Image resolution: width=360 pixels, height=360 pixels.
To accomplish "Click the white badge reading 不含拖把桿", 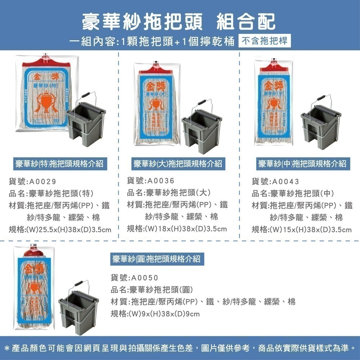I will click(x=265, y=41).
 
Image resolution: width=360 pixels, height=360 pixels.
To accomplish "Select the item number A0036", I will click(x=161, y=180).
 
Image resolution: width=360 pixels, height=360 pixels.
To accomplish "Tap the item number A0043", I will click(x=286, y=181).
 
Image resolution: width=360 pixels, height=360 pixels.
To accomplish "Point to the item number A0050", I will click(x=145, y=278).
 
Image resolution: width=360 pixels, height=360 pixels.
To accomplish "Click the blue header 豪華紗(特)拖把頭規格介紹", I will click(x=59, y=164).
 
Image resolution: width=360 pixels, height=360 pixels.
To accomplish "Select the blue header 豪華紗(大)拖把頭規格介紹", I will click(x=177, y=164).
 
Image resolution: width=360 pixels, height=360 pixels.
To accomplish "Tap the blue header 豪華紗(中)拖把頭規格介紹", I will click(x=302, y=164).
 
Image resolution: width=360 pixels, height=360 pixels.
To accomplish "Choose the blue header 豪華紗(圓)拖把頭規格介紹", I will click(x=155, y=259).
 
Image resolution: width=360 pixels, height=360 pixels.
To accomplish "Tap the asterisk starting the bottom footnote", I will click(x=7, y=348).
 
